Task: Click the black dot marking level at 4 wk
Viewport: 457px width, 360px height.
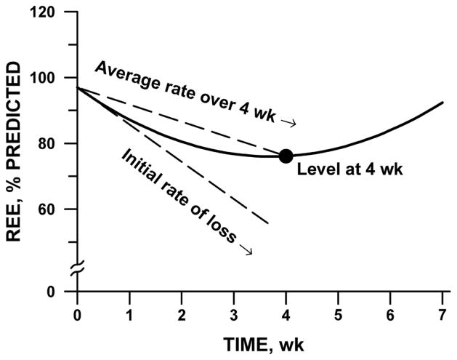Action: pyautogui.click(x=286, y=156)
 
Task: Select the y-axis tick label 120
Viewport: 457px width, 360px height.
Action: pyautogui.click(x=52, y=12)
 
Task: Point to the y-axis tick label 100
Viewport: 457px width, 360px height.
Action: pyautogui.click(x=52, y=78)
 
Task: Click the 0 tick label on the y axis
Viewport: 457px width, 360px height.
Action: pyautogui.click(x=60, y=292)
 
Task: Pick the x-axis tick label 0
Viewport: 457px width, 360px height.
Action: pyautogui.click(x=77, y=314)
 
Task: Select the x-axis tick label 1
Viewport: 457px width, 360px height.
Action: pyautogui.click(x=129, y=314)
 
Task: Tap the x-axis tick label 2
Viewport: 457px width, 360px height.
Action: pyautogui.click(x=182, y=314)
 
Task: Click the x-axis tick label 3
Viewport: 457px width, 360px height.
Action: pyautogui.click(x=233, y=314)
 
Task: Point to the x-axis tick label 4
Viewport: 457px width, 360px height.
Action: pyautogui.click(x=286, y=314)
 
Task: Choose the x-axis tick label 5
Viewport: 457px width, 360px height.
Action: pyautogui.click(x=338, y=314)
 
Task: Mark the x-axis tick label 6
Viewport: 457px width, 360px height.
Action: pyautogui.click(x=390, y=314)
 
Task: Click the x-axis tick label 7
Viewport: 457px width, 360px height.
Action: pyautogui.click(x=442, y=314)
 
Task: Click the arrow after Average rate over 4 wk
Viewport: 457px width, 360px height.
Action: pyautogui.click(x=289, y=124)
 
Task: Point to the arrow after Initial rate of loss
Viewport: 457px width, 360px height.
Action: pyautogui.click(x=248, y=251)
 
